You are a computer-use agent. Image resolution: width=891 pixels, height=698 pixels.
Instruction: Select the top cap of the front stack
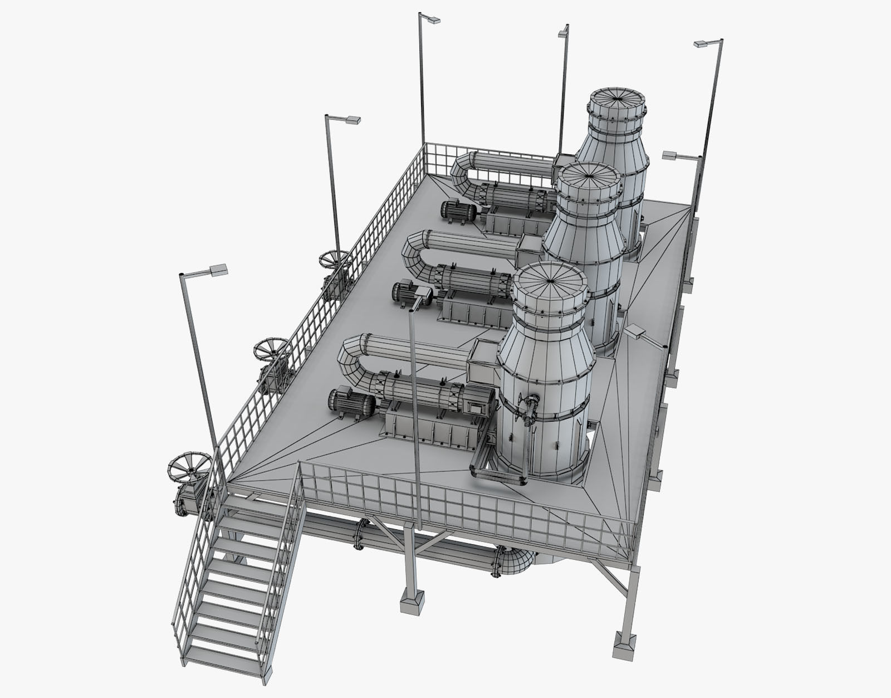(550, 280)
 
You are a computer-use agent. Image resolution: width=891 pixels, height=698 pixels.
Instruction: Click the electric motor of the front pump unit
(344, 402)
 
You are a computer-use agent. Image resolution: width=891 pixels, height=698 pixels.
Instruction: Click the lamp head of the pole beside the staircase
(218, 270)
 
